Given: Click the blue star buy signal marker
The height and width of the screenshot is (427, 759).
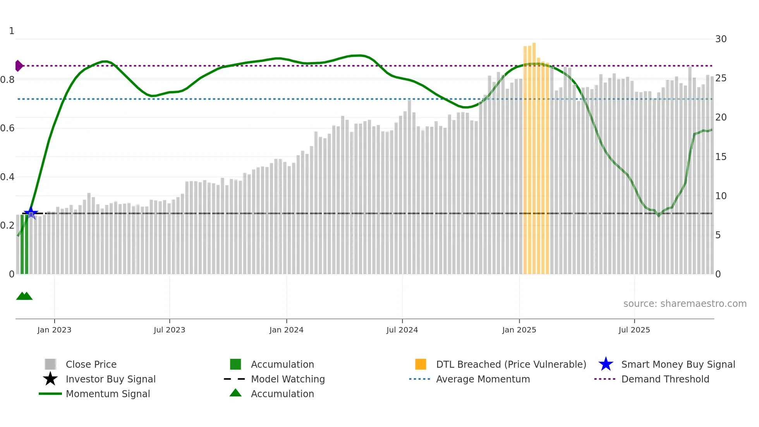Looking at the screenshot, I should pos(31,213).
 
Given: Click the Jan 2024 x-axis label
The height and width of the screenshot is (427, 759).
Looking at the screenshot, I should pos(286,330).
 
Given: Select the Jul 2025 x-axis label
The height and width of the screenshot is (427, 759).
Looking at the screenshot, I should pos(634,330).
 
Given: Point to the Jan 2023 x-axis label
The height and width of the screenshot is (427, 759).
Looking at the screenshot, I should pos(54,330).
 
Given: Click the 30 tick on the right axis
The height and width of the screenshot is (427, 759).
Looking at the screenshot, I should pos(721,39).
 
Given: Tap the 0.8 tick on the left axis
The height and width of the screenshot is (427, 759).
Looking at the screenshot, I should pos(8,80).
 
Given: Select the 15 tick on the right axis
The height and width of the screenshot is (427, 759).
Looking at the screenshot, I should pos(721,157).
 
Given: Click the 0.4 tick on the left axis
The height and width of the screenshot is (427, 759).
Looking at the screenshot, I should pos(8,177).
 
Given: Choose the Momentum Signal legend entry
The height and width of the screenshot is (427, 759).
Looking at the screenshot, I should pos(108,394).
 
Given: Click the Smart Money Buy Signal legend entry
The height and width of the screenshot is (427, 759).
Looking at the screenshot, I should pos(678,364).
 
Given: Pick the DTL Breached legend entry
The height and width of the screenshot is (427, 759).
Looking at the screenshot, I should pos(511,364).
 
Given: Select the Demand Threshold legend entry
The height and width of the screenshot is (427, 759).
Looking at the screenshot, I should pos(665,379).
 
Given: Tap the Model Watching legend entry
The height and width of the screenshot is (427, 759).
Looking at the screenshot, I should pos(287,379).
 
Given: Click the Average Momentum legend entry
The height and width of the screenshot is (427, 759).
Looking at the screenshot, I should pos(483,379).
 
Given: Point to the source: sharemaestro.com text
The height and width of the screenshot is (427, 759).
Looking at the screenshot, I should pos(685,304).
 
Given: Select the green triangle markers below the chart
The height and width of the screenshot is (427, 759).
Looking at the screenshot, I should pos(24,296).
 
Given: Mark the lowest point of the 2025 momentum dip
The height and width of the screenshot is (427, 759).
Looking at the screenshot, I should pos(658,215).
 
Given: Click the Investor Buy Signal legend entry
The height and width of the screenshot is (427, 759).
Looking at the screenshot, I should pos(110,379).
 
